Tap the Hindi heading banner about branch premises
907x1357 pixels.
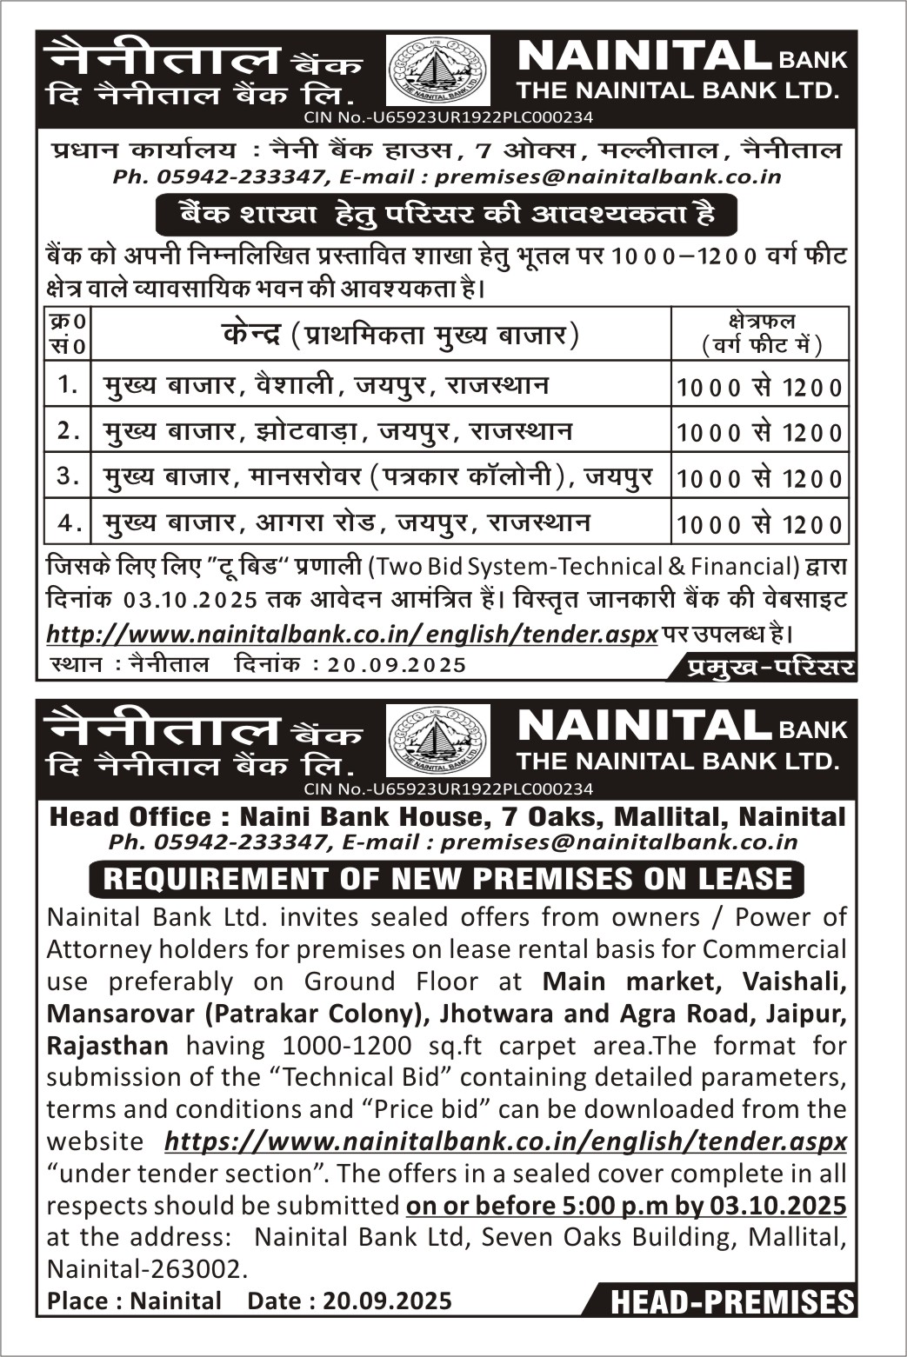[x=446, y=215]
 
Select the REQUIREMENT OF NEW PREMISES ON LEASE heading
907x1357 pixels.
[x=446, y=879]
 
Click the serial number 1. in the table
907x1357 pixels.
[x=68, y=384]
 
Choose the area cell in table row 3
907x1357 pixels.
[x=759, y=477]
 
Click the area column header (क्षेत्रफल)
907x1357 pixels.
[x=760, y=333]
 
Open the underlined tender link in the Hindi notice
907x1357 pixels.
[x=351, y=634]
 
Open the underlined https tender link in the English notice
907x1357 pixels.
[x=505, y=1141]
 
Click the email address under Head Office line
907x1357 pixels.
[x=618, y=841]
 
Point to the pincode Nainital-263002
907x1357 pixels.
[x=144, y=1268]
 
